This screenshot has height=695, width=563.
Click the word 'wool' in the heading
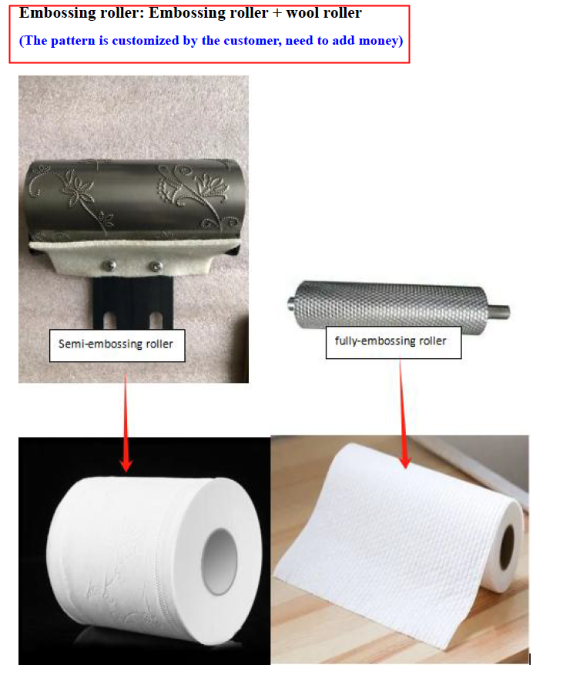(x=304, y=13)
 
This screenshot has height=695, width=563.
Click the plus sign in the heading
(x=276, y=13)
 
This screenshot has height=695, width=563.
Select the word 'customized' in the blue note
(x=146, y=41)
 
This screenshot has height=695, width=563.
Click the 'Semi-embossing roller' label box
(x=117, y=345)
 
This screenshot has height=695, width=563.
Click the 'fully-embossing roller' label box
(x=394, y=342)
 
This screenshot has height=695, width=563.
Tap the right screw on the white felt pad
(x=156, y=267)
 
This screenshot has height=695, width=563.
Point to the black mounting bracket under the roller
(x=133, y=302)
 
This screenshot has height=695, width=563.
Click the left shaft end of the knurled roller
(x=293, y=303)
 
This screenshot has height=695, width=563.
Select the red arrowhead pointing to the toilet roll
(x=126, y=464)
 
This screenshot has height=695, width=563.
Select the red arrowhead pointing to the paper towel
(x=405, y=461)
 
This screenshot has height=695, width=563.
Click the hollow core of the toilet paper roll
(x=220, y=561)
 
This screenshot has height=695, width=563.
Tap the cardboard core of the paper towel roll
(x=507, y=547)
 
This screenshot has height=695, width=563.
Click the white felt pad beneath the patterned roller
(x=134, y=258)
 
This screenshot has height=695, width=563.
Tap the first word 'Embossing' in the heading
(x=50, y=13)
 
